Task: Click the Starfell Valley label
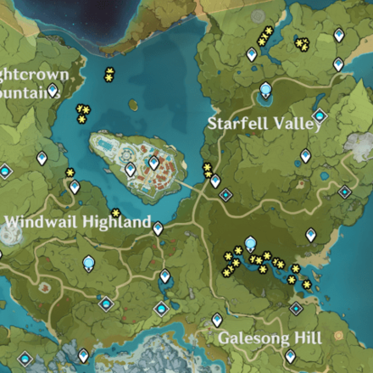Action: point(264,124)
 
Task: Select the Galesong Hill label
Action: point(270,338)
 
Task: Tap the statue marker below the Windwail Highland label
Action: point(88,264)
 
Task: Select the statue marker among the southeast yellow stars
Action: point(251,244)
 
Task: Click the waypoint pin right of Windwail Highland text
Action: point(158,226)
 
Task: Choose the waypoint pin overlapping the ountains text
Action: point(53,90)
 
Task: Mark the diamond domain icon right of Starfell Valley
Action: point(320,115)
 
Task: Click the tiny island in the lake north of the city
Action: point(134,105)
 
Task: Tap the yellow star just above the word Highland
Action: point(115,213)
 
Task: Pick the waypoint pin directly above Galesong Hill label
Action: point(217,320)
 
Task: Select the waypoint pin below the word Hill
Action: point(291,356)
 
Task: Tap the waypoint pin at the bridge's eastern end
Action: point(215,181)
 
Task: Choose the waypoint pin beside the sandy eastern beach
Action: point(311,235)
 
